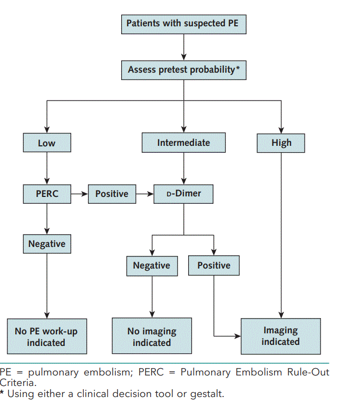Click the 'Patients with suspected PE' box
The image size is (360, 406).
(x=183, y=24)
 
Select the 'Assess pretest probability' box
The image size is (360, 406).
(x=183, y=70)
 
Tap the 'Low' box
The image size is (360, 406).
(x=46, y=143)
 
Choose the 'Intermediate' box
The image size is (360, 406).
(x=183, y=143)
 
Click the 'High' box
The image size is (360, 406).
(x=281, y=143)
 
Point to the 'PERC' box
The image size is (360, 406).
(x=46, y=194)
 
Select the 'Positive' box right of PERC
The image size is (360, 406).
(x=112, y=194)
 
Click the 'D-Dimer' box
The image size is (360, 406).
(x=183, y=194)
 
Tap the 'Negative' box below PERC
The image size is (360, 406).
(x=46, y=244)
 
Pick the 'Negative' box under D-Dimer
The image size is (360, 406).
(x=151, y=265)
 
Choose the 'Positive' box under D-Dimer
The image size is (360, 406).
(x=213, y=265)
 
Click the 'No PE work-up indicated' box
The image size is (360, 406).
(x=47, y=336)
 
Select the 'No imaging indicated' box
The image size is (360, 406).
(x=151, y=336)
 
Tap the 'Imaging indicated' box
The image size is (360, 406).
(x=280, y=336)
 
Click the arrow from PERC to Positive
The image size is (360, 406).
(x=79, y=194)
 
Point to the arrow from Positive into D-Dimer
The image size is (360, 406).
(x=144, y=194)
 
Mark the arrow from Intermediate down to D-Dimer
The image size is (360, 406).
(x=183, y=169)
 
